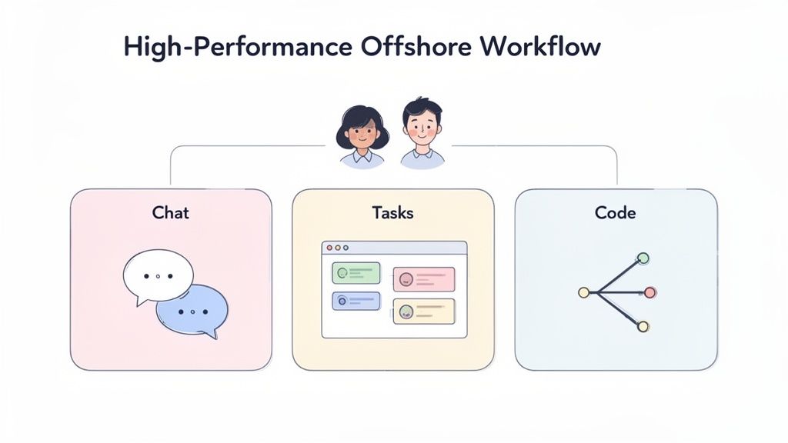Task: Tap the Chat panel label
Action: coord(171,212)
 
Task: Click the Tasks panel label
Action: coord(392,212)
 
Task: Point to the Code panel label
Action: coord(615,212)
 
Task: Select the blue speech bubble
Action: coord(193,310)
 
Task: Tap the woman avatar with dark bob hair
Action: coord(362,136)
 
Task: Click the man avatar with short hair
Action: coord(422,133)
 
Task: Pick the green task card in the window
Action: coord(356,272)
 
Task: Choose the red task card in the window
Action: coord(423,279)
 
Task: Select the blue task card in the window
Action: coord(356,301)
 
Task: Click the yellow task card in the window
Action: coord(423,311)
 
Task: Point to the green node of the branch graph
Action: coord(643,258)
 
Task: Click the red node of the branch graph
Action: coord(649,292)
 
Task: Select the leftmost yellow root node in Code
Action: coord(583,292)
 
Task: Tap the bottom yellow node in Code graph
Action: coord(643,327)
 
